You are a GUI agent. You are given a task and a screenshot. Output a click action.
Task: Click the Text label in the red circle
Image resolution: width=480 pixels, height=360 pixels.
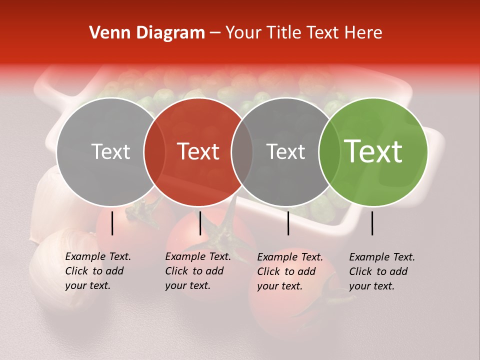198,151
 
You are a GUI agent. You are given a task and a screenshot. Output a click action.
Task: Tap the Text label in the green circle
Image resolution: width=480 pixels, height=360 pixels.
373,151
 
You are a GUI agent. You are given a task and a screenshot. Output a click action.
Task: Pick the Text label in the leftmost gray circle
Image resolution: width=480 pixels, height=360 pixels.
110,151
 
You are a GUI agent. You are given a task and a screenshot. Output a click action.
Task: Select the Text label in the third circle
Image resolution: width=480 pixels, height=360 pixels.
285,151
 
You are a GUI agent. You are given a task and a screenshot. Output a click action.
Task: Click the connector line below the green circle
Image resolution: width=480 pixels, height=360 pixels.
372,223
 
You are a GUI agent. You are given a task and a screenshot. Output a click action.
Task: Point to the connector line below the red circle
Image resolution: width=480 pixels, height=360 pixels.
200,223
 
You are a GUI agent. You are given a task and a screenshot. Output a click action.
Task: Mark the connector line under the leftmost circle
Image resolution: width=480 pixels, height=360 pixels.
112,223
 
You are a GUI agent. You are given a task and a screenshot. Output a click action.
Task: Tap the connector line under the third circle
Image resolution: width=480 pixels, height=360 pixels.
288,223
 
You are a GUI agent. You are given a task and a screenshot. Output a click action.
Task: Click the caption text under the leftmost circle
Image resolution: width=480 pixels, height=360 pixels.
97,271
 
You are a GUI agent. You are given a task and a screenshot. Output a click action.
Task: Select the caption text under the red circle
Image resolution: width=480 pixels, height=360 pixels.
197,271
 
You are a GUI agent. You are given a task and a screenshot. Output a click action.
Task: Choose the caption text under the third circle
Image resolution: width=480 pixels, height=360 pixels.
289,271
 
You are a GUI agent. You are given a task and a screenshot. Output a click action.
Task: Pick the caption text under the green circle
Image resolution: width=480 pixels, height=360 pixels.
381,271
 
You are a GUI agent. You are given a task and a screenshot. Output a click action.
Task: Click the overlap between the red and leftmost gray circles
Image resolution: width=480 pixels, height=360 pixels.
154,151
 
